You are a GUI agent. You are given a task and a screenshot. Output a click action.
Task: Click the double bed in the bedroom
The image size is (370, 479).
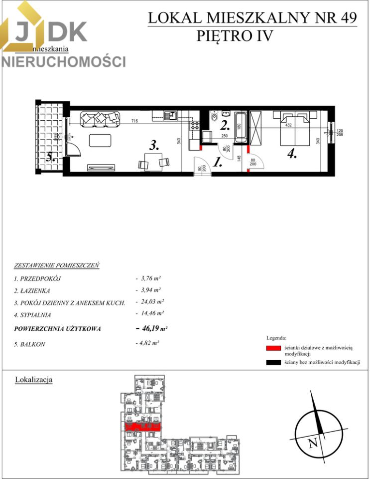click(x=297, y=129)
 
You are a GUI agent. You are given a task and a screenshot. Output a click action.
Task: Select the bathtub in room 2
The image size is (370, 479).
click(x=241, y=128)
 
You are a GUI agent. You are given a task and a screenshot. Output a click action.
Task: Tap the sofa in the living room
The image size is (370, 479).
click(x=101, y=118)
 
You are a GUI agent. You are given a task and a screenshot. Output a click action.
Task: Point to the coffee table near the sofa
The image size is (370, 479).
click(x=101, y=140)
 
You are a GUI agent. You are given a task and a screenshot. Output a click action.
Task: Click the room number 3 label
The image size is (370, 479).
click(x=155, y=146)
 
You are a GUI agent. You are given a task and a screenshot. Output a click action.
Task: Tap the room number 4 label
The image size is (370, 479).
click(x=292, y=154)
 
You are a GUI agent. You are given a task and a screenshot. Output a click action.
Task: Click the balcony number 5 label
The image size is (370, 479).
click(x=50, y=158)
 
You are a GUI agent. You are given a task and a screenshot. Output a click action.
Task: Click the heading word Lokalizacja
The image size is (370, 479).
click(x=34, y=380)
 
